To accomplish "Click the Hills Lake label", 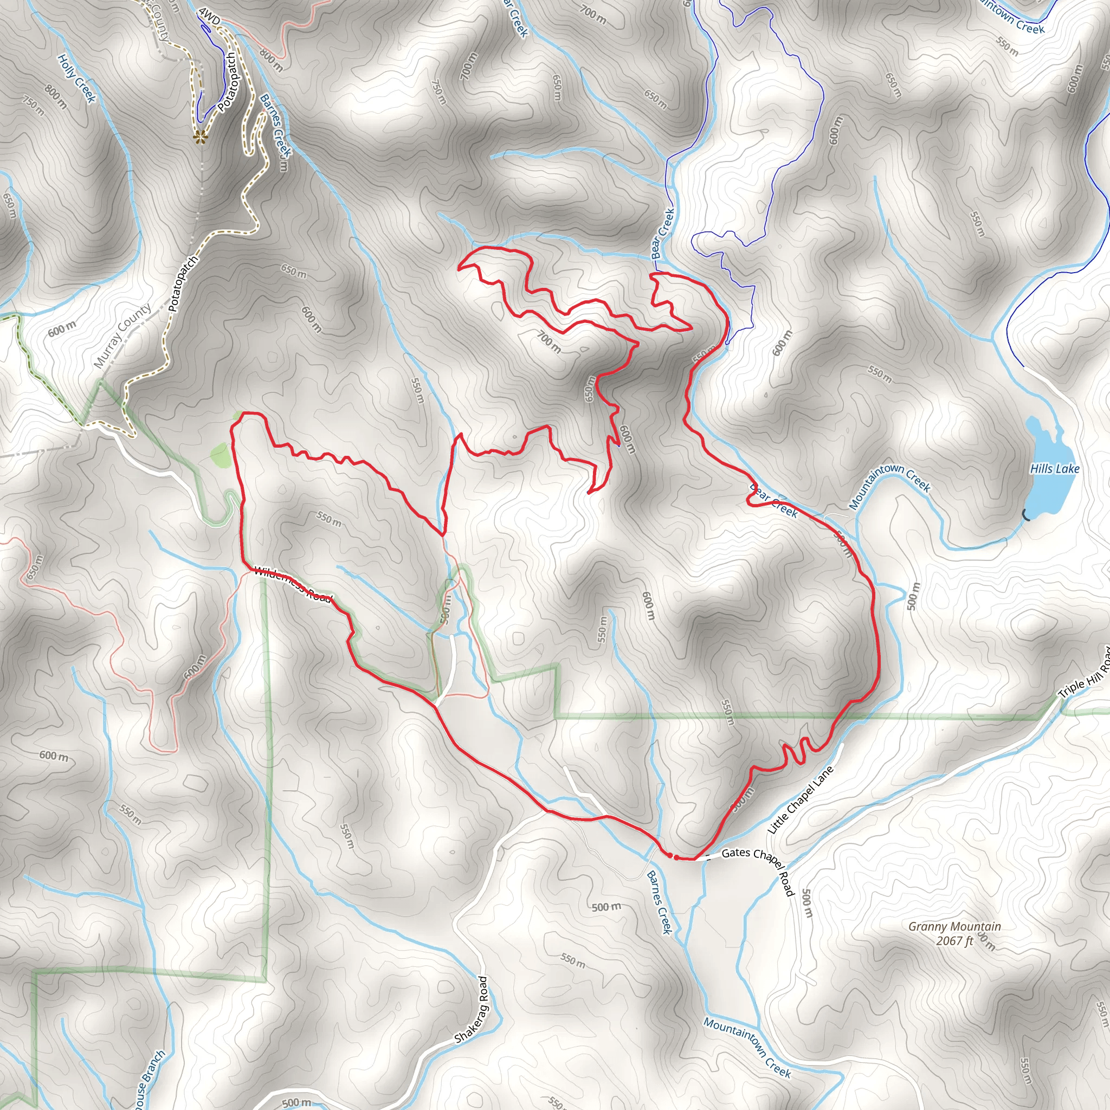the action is point(1054,469).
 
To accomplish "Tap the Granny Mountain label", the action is point(954,926).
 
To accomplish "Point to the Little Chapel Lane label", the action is point(800,801).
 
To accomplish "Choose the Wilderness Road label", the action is point(293,584).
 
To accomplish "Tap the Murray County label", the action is point(122,335).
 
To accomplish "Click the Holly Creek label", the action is point(76,79).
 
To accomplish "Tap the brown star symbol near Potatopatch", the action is point(199,136).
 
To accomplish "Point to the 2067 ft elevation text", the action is point(954,940).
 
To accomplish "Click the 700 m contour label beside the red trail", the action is point(549,342).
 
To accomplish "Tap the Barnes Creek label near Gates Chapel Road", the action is point(660,902).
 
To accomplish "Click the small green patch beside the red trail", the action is point(221,456).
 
